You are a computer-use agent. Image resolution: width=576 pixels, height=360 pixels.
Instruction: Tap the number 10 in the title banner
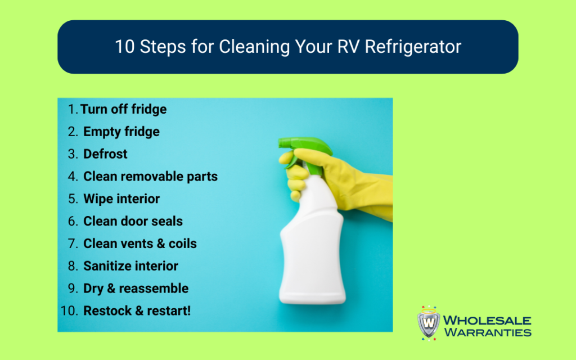coord(125,47)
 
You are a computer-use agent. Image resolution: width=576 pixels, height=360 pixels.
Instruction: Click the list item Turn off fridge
coord(123,109)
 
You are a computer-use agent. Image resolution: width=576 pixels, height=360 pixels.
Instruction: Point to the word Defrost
coord(105,154)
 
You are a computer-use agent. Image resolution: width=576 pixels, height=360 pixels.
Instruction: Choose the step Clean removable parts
coord(151,176)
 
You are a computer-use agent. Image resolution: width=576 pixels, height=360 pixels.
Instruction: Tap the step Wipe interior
coord(121,199)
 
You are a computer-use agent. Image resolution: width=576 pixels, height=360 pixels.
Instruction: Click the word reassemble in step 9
coord(154,289)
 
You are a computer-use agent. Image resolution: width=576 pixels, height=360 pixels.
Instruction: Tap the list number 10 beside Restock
coord(69,310)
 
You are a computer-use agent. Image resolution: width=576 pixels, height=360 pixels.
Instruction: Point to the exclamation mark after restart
coord(189,310)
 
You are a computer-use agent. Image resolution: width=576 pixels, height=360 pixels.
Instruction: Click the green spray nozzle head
coord(305,151)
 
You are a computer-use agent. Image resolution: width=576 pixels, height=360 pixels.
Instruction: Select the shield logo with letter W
coord(429,323)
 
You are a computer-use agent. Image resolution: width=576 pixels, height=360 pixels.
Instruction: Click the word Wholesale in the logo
coord(487,320)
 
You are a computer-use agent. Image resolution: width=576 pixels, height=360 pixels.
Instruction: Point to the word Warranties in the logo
coord(488,332)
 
